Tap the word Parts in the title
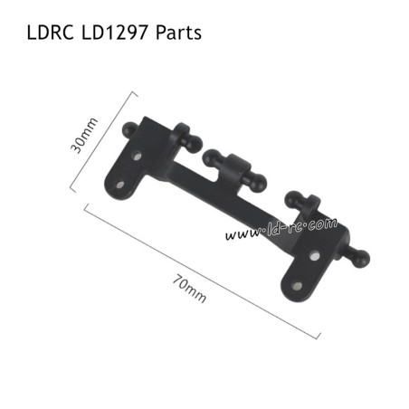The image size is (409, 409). pos(178,33)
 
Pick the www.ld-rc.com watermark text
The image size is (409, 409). pos(281,228)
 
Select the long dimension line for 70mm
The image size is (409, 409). pos(201,271)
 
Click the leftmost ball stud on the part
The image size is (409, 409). pos(133,128)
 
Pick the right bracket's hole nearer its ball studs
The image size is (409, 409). pos(313,256)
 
